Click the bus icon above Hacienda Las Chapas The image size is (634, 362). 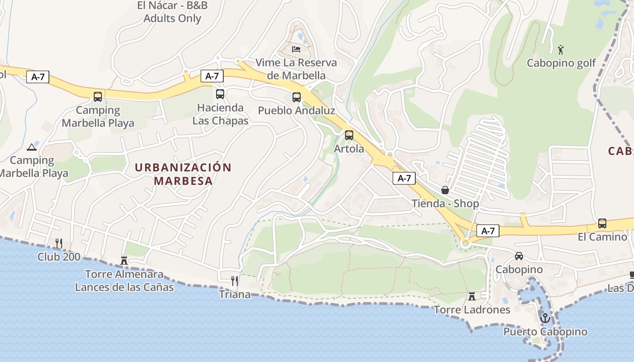[x=220, y=94]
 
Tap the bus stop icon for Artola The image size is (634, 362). [x=349, y=135]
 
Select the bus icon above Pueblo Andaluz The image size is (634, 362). [x=297, y=97]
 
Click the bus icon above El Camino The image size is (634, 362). [x=602, y=223]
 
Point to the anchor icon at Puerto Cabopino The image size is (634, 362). [x=545, y=318]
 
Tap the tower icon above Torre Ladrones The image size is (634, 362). [x=472, y=296]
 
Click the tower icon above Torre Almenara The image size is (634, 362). [x=124, y=260]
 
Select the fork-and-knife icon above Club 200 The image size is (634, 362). [x=58, y=243]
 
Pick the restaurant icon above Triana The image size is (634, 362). [x=234, y=281]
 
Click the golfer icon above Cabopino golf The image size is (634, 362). [x=561, y=49]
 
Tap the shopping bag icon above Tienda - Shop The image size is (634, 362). [x=445, y=190]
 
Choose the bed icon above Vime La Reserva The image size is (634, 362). [x=296, y=48]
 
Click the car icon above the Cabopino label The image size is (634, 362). [x=519, y=256]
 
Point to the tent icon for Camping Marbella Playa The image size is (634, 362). [x=31, y=147]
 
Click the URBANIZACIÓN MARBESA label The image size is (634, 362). [x=183, y=174]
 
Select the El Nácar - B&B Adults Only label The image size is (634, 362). [x=172, y=12]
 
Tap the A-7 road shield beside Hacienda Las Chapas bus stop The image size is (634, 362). [x=212, y=76]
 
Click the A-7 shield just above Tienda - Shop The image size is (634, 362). [x=404, y=178]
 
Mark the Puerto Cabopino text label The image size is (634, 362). [x=545, y=332]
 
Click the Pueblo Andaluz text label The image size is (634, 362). [x=297, y=110]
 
